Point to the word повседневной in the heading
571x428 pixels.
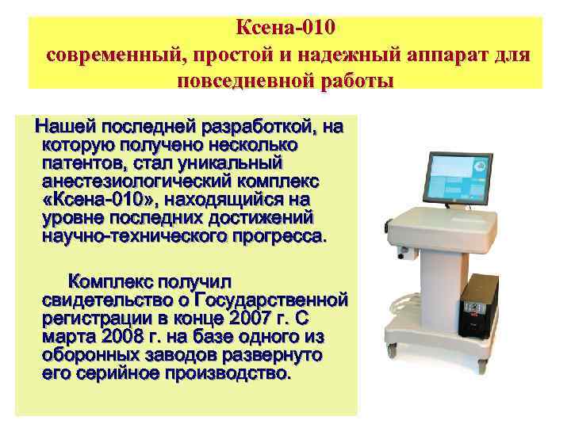click(x=237, y=82)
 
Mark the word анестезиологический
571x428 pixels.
click(x=118, y=182)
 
